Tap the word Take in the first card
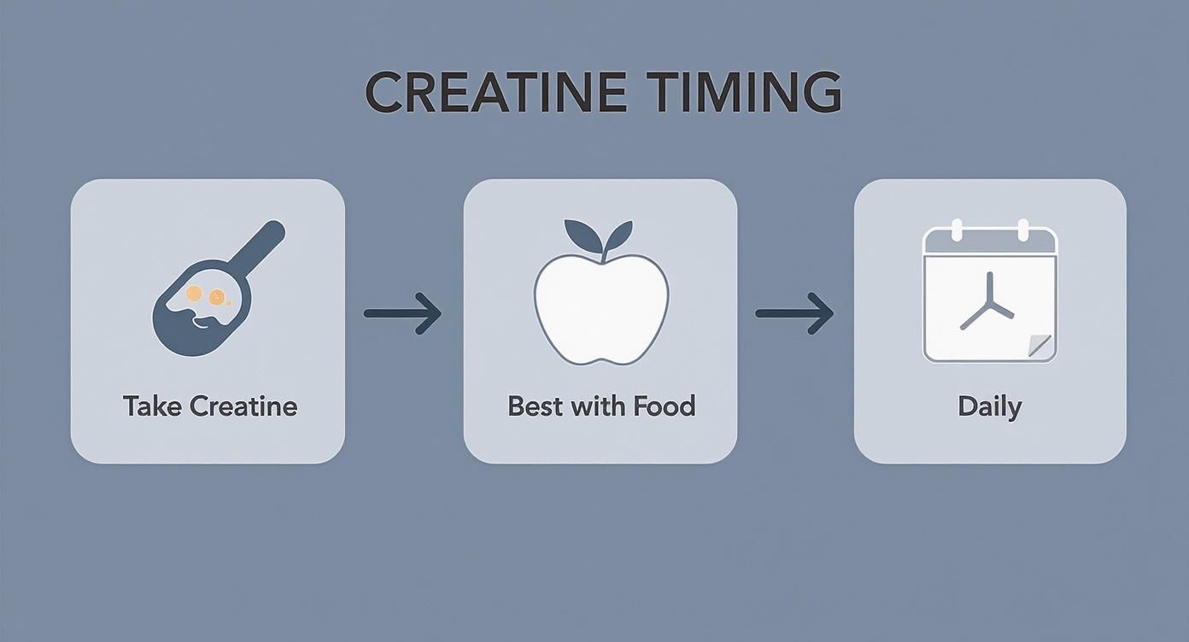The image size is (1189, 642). (152, 406)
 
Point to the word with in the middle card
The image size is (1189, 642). (598, 406)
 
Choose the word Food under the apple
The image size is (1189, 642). (663, 406)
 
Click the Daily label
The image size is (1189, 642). (989, 406)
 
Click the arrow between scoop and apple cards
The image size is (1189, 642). (402, 313)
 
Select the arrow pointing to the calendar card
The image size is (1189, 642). (794, 313)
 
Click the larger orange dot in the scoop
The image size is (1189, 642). (195, 294)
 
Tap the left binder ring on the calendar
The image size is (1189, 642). (957, 230)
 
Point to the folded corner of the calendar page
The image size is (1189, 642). (1040, 347)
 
